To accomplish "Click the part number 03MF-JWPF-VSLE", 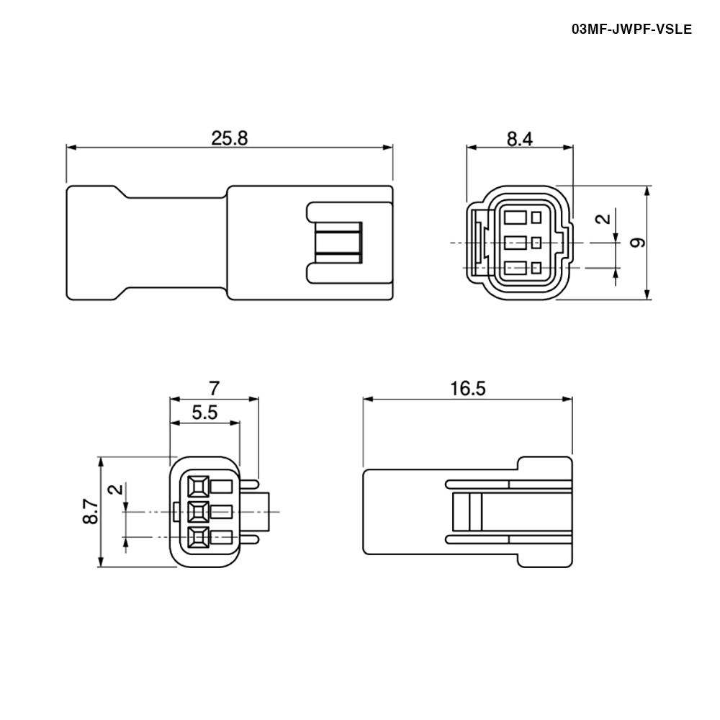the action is click(x=631, y=30).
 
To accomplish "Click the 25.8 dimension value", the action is click(x=229, y=138).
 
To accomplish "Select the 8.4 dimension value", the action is click(x=520, y=139).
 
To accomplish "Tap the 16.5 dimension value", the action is click(x=467, y=389).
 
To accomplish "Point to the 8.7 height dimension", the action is click(x=91, y=511).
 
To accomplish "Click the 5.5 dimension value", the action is click(x=204, y=413).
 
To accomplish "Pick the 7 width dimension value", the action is click(x=214, y=389).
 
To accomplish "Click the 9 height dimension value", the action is click(x=637, y=243).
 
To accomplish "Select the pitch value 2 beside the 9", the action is click(x=606, y=219).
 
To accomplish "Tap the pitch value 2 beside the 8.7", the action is click(x=117, y=490).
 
